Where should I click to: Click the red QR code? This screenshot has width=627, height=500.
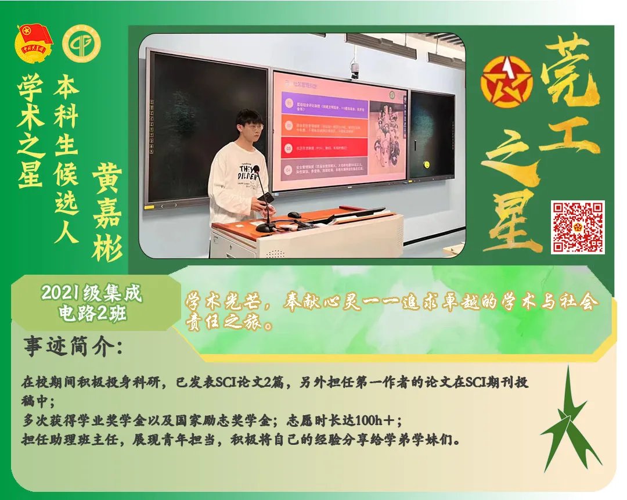pyautogui.click(x=578, y=227)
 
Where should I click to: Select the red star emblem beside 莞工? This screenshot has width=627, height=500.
pyautogui.click(x=506, y=81)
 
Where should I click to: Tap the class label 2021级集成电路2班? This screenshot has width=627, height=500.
pyautogui.click(x=92, y=303)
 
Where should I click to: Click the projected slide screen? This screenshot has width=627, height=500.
pyautogui.click(x=340, y=130)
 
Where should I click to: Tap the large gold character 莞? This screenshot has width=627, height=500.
pyautogui.click(x=566, y=70)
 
